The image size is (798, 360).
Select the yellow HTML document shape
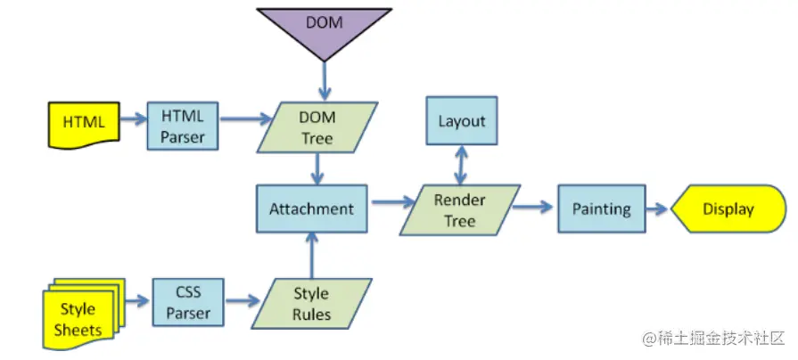[x=83, y=122]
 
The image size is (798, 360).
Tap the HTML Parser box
[x=183, y=126]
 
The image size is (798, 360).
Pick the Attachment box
[x=311, y=209]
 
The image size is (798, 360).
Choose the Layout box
[x=461, y=121]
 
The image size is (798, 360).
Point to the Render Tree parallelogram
[x=459, y=210]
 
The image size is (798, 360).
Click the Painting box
[x=601, y=210]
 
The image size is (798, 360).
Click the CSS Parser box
[x=188, y=303]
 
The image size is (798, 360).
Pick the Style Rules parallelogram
[x=311, y=304]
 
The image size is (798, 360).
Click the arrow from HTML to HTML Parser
[x=135, y=118]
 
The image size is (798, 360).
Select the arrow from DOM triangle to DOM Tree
[x=324, y=81]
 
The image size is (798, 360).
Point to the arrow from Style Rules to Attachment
[x=311, y=254]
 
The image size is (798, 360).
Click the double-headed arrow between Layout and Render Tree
[x=461, y=166]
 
